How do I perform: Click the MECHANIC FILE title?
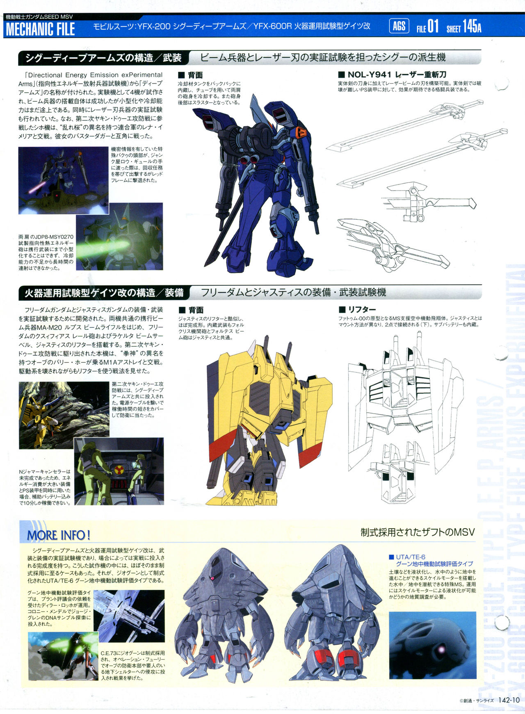pos(40,29)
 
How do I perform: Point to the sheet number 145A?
pos(472,27)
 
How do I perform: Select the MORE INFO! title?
pos(58,535)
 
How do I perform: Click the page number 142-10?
pos(510,700)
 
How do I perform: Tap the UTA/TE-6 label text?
pos(411,557)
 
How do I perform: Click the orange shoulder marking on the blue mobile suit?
pos(301,132)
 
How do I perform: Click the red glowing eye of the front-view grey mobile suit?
pos(212,578)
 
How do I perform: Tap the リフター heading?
pos(357,309)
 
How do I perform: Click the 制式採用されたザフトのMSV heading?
pos(418,532)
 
